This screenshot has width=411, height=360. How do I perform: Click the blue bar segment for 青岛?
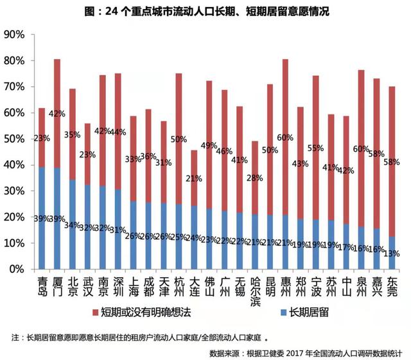click(42, 218)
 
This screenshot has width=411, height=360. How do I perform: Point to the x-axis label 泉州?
click(361, 285)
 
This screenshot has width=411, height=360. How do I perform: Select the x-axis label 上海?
click(133, 285)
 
